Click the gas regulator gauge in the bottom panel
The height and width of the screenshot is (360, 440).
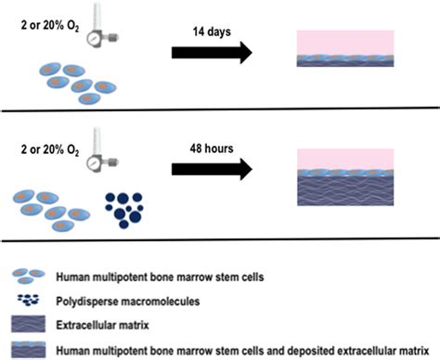tap(96, 159)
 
